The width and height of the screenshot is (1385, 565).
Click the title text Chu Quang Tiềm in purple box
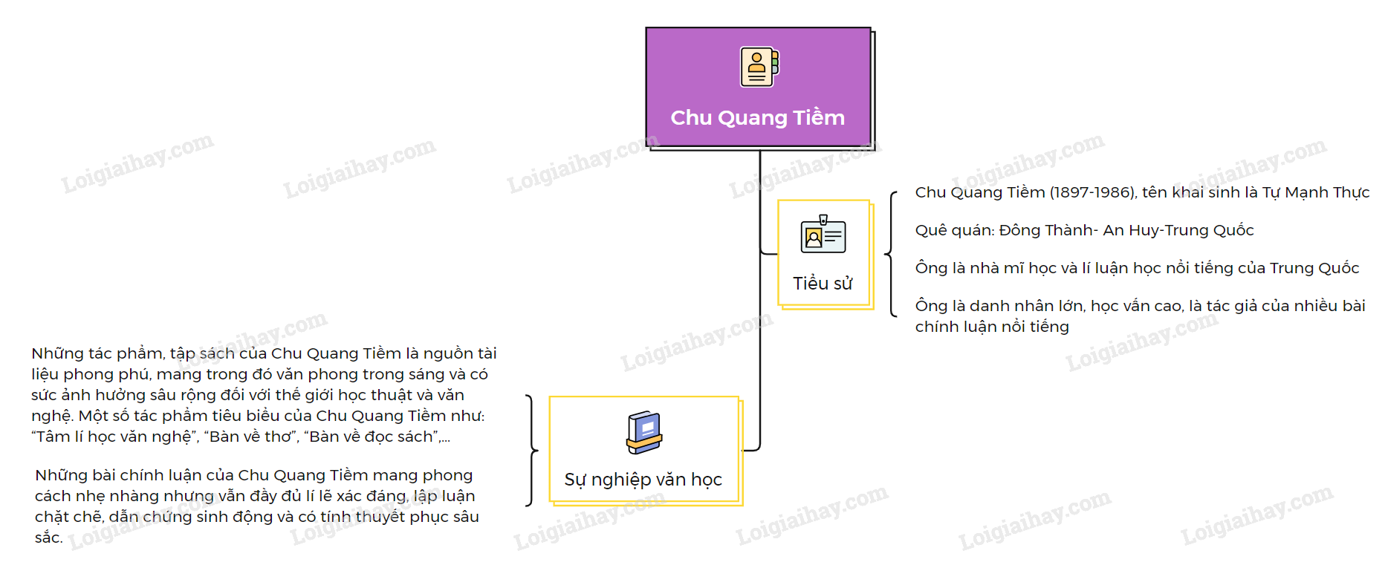tap(757, 117)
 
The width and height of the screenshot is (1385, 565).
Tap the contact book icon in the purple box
tap(759, 68)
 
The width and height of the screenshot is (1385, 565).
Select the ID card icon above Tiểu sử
tap(823, 235)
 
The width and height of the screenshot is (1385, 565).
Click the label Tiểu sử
tap(823, 284)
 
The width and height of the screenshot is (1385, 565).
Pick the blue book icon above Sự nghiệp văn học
tap(643, 432)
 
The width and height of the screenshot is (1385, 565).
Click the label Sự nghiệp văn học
tap(643, 480)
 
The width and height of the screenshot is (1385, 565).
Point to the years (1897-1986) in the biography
tap(1092, 192)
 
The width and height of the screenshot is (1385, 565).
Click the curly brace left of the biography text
tap(890, 255)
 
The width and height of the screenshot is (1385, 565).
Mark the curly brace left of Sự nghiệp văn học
tap(531, 450)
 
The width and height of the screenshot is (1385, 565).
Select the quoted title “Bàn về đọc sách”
tap(372, 437)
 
